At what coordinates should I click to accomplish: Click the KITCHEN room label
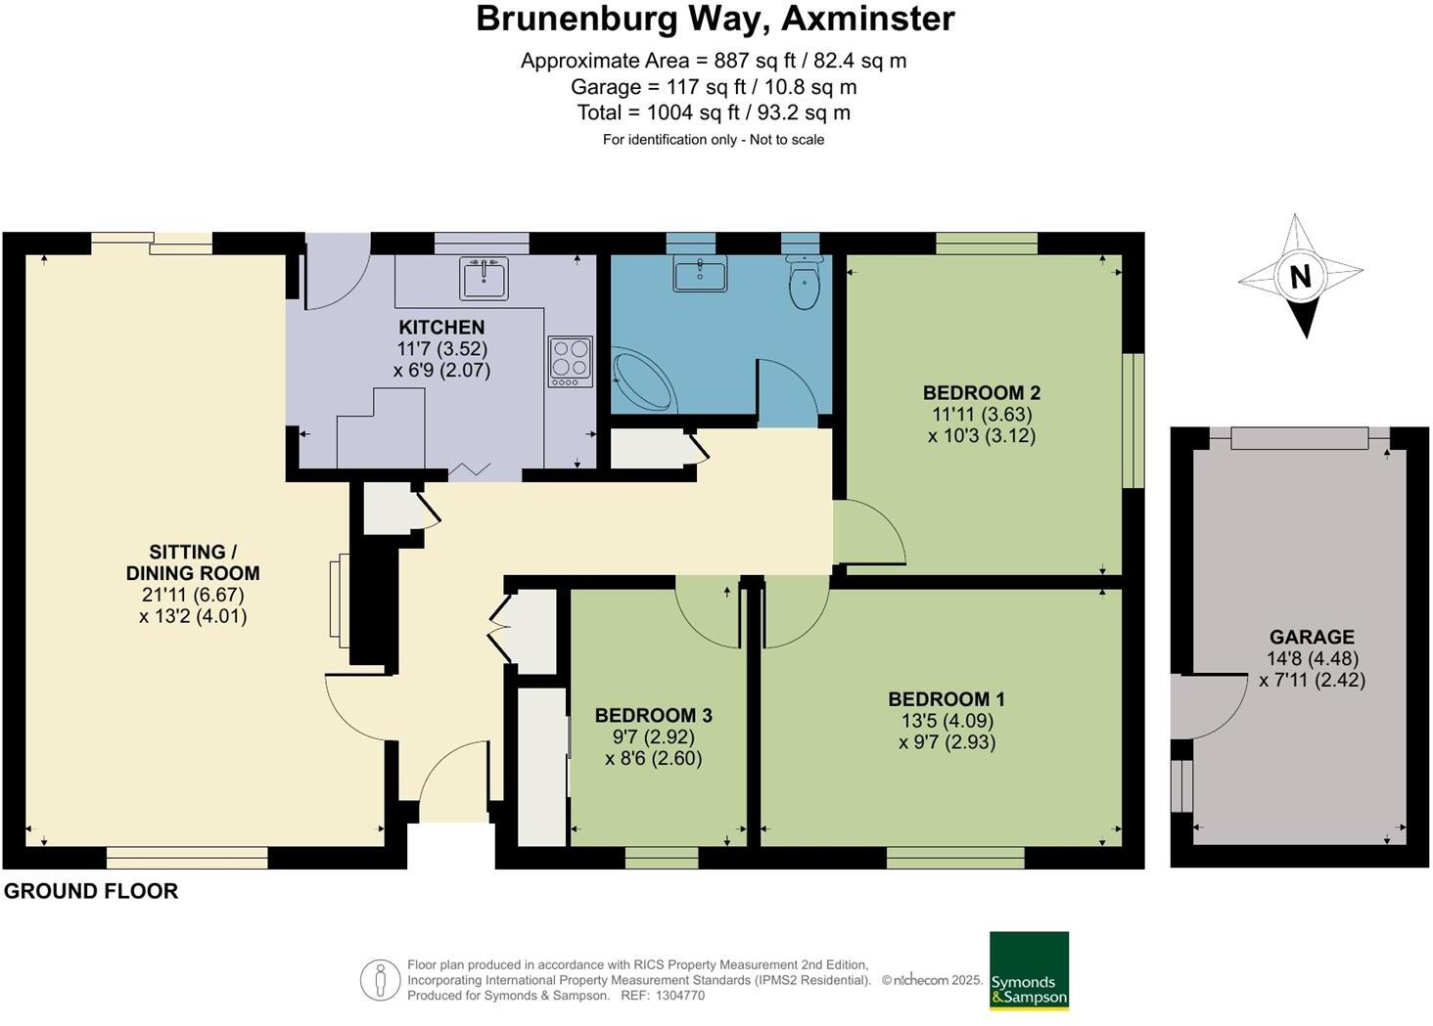441,328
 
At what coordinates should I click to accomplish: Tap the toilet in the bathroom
804,282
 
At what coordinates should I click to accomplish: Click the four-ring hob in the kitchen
571,362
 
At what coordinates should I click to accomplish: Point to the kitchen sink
484,278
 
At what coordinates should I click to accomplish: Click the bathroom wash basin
700,273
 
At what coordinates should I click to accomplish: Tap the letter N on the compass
1301,278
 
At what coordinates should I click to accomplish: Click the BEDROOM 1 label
947,699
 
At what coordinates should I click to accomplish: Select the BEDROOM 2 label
982,392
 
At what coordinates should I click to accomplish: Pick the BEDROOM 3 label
653,715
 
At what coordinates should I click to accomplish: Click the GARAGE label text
1312,638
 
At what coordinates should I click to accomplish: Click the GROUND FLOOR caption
91,891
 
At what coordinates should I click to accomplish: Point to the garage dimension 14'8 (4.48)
1312,658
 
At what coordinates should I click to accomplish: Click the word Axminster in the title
868,19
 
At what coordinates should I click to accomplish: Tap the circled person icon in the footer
380,981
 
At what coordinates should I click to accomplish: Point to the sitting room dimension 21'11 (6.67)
193,595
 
